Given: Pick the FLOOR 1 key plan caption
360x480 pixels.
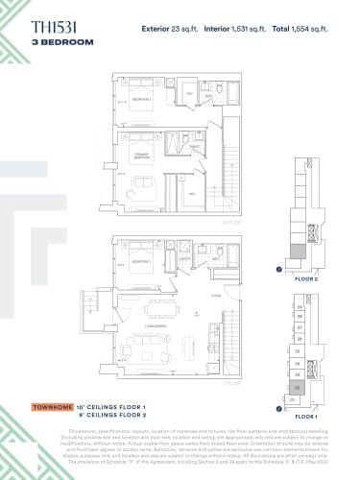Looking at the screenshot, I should [x=306, y=419].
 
